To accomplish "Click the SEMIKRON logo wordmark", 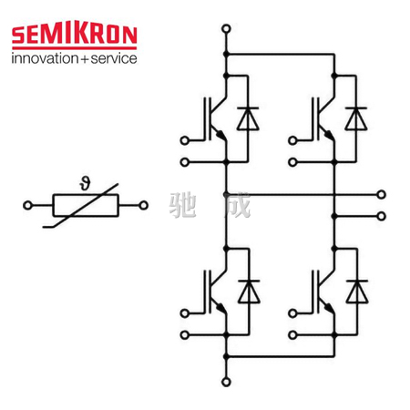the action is tap(75, 35).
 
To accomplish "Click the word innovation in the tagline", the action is tap(45, 58).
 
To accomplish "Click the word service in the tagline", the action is tap(114, 58).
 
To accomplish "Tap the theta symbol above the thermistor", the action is tap(86, 184).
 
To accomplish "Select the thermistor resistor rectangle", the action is tap(86, 205).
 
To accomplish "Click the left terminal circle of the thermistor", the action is tap(27, 205).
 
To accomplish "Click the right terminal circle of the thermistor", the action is tap(143, 205).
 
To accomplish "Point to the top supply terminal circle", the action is tap(226, 29).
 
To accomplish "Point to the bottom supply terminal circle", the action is tap(226, 382).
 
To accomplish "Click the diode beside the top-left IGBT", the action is tap(248, 118).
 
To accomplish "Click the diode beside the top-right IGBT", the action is tap(356, 118).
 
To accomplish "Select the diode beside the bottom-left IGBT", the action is tap(249, 292).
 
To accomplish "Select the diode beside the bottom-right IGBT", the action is tap(357, 292).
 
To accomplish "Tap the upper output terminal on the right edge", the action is tap(381, 194).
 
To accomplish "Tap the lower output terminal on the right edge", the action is tap(381, 216).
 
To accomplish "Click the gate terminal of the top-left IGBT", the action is tap(184, 140).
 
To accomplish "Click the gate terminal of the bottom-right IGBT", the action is tap(292, 313).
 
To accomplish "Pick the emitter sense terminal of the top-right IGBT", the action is tap(292, 162).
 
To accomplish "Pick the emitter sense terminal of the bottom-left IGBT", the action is tap(184, 335).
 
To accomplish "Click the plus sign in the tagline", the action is tap(85, 59).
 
